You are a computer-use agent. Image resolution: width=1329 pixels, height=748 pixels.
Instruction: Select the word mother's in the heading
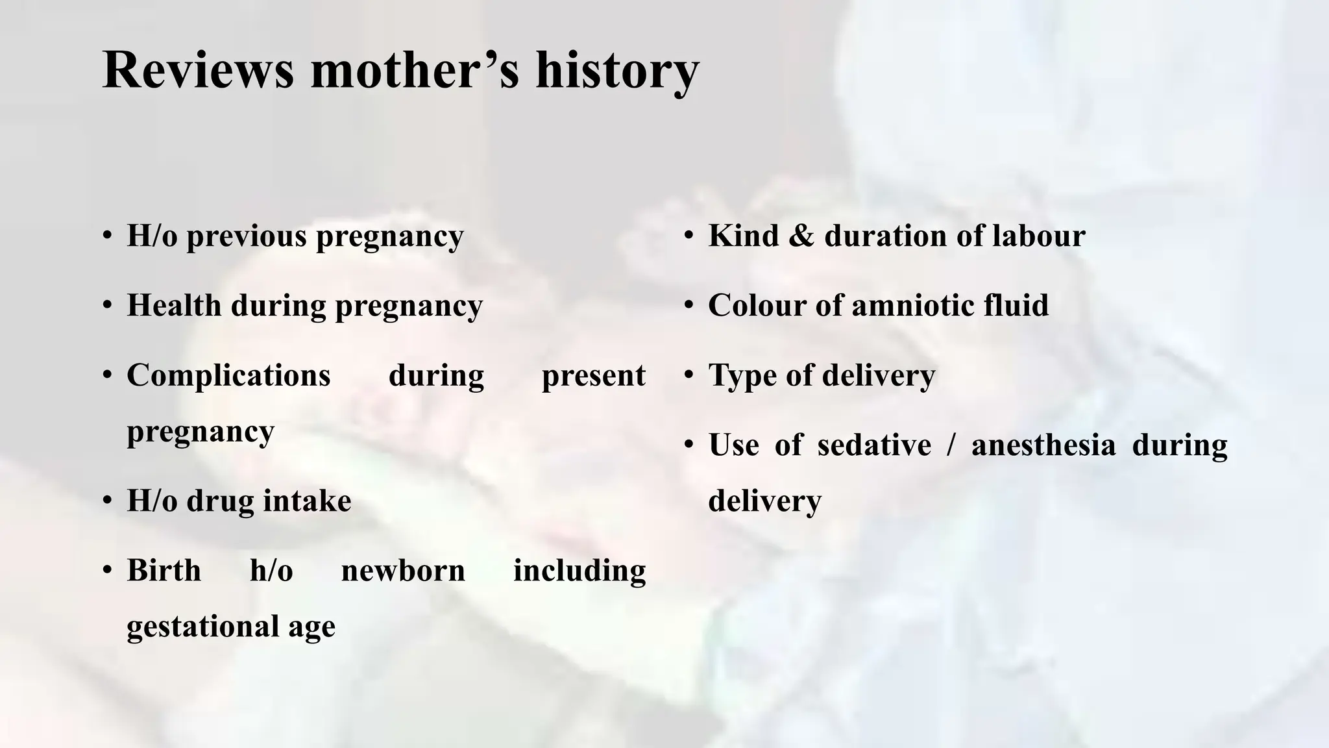pyautogui.click(x=415, y=69)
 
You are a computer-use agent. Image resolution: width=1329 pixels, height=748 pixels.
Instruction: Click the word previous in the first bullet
pyautogui.click(x=247, y=236)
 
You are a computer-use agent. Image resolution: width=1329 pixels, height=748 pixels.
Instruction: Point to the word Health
pyautogui.click(x=173, y=305)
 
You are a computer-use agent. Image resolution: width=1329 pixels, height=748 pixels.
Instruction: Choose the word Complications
pyautogui.click(x=228, y=375)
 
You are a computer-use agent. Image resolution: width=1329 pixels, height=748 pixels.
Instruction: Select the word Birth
pyautogui.click(x=164, y=570)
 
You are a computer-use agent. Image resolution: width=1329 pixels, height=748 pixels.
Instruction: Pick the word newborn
pyautogui.click(x=403, y=570)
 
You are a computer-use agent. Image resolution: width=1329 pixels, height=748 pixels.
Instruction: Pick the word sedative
pyautogui.click(x=873, y=445)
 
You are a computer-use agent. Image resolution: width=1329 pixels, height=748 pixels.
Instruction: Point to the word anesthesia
pyautogui.click(x=1043, y=445)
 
